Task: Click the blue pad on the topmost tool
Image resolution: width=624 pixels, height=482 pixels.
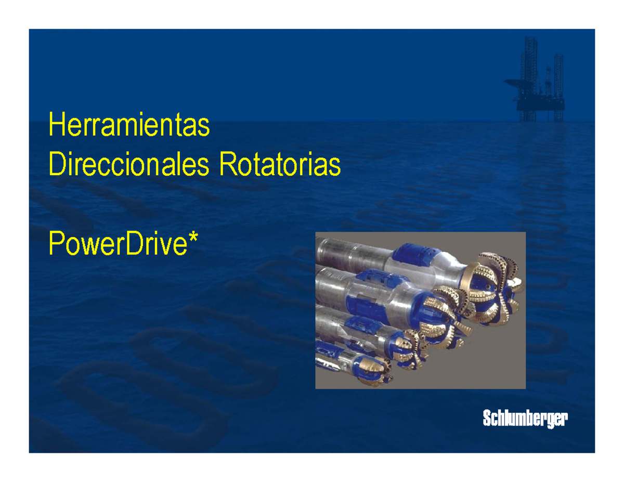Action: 410,255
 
